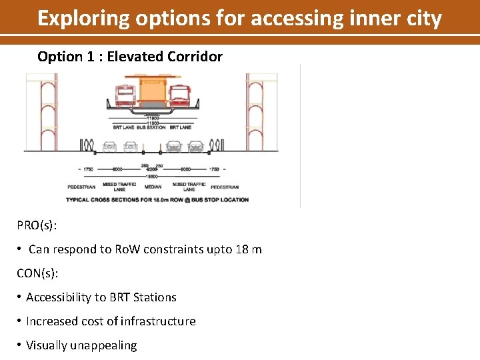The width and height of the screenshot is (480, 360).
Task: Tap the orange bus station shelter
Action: pos(153,92)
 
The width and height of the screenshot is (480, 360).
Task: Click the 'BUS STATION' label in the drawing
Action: pos(151,127)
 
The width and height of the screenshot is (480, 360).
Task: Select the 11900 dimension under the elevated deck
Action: pos(152,118)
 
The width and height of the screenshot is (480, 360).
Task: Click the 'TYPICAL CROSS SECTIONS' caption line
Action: pos(157,199)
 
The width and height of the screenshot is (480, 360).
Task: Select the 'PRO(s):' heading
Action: pos(37,225)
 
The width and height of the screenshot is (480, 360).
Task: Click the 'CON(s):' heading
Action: pos(37,273)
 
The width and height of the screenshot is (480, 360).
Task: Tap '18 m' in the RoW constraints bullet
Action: pos(248,249)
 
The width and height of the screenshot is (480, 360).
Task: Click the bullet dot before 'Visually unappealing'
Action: pos(21,345)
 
